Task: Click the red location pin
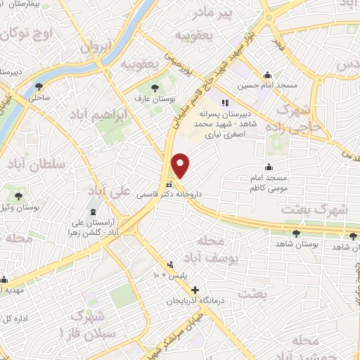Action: [181, 165]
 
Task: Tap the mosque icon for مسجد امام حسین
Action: [267, 75]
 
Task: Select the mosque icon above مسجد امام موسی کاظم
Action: [269, 167]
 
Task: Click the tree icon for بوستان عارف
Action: [155, 88]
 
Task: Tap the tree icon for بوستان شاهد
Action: [295, 233]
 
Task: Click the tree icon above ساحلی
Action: [38, 87]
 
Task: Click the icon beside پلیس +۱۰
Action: [169, 265]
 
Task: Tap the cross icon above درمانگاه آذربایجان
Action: [195, 290]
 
